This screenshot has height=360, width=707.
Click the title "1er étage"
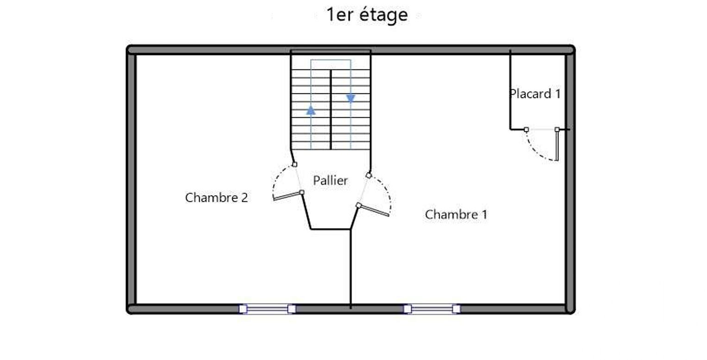coord(367,15)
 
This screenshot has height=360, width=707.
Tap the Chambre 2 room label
coord(217,198)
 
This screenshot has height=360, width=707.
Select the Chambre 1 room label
coord(456,215)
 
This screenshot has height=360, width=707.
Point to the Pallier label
coord(330,180)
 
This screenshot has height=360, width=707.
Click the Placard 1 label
coord(535,94)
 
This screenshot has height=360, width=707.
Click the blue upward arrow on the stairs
coord(311,110)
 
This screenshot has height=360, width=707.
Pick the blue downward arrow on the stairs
coord(350,99)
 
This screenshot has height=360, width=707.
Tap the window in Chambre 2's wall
coord(267,309)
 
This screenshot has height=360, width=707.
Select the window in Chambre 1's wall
coord(432,309)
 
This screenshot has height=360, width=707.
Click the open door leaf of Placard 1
coord(557,145)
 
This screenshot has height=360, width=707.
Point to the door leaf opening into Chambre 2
coord(287,196)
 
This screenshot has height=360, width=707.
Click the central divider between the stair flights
coord(331,110)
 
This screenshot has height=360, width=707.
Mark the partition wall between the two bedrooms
coord(350,269)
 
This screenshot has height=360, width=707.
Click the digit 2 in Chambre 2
coord(244,198)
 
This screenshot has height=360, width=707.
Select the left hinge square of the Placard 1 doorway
coord(526,130)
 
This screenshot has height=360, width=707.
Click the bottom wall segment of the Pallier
coord(331,229)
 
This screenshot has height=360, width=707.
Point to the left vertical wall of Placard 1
coord(510,90)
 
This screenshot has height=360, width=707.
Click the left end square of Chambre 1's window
coord(407,309)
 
